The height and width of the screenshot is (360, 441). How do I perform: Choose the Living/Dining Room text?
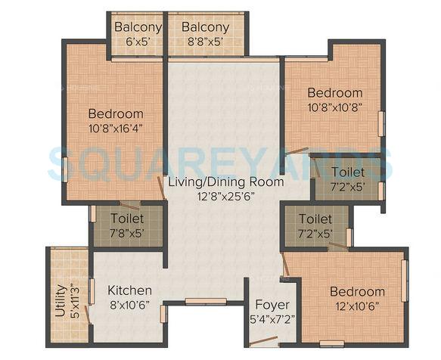226,182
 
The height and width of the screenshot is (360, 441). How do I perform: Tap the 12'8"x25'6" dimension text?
226,195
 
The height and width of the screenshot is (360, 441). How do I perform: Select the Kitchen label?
129,290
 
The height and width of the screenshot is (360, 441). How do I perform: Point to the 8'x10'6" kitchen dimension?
129,304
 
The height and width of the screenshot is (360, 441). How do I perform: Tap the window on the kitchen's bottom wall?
205,301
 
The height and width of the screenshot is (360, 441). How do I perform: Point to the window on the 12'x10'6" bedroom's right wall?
404,281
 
